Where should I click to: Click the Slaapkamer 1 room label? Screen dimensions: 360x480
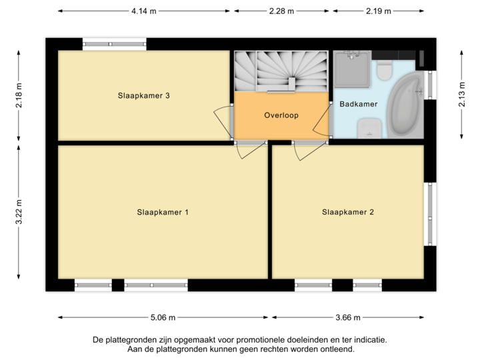click(x=163, y=213)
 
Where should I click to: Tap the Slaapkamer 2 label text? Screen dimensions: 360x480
click(x=348, y=213)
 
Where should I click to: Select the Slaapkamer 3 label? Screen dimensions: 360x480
click(x=143, y=96)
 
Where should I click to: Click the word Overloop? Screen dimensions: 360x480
click(x=281, y=115)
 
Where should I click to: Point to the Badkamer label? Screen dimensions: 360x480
click(x=359, y=104)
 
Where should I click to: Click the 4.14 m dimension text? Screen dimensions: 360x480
click(x=144, y=11)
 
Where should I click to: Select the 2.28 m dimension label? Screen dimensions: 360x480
click(x=281, y=11)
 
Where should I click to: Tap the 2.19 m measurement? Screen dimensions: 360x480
click(x=379, y=11)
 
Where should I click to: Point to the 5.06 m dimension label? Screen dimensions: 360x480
click(x=163, y=317)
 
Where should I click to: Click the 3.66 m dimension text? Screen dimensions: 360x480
click(x=348, y=317)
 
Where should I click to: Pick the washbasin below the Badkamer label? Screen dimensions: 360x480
click(x=367, y=127)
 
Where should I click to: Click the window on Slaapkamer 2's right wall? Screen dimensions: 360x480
click(x=431, y=213)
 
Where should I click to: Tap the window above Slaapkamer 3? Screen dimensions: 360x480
click(x=115, y=44)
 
